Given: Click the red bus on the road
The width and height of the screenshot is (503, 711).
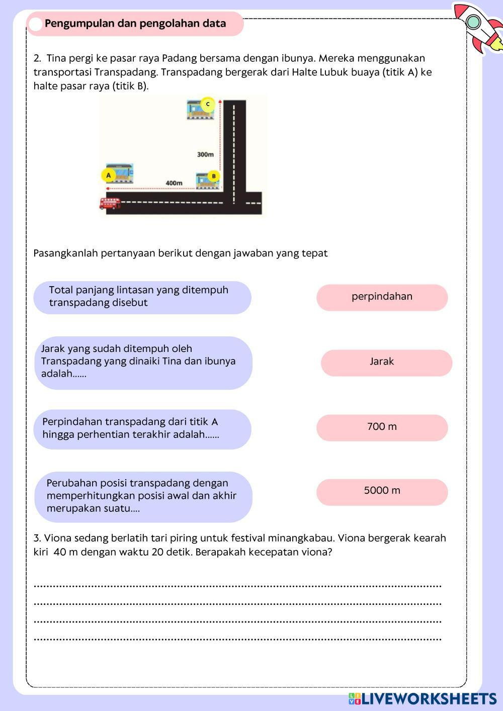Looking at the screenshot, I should (110, 203).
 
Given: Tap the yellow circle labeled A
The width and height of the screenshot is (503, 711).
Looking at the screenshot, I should (108, 175).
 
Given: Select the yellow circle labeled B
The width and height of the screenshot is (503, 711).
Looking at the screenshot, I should (214, 176).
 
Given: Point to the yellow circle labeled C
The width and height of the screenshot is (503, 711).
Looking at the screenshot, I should (207, 104).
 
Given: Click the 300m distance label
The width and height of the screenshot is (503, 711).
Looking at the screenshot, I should (205, 154).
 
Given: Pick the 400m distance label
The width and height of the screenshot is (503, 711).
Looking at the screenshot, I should (174, 183).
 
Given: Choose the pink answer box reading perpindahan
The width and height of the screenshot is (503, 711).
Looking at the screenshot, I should (382, 297).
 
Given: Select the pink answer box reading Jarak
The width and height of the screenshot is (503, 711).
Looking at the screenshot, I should (386, 363).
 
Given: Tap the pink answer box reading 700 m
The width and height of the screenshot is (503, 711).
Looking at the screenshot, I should (382, 427).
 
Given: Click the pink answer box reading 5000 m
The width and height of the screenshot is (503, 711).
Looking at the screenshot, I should (382, 492).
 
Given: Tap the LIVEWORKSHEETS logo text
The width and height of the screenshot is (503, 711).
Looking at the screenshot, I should (428, 698).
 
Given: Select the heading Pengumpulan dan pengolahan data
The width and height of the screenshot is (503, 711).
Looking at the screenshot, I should (135, 24).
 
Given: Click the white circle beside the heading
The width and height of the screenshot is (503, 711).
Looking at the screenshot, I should (36, 24).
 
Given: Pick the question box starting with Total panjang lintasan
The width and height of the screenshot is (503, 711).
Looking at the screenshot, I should (142, 297).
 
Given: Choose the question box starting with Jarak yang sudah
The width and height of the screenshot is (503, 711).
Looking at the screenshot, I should (143, 363).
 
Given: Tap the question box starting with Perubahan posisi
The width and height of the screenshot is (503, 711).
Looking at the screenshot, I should (143, 496).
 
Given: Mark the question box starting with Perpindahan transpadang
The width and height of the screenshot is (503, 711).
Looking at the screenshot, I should (142, 429).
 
